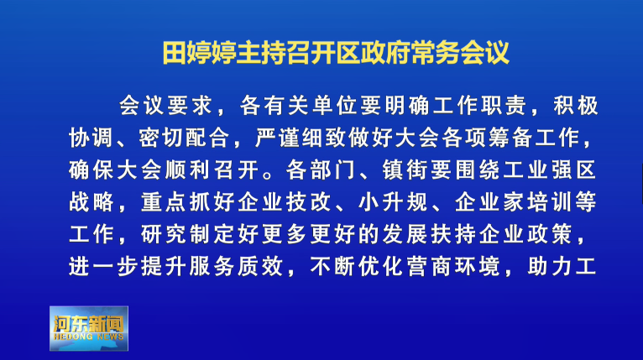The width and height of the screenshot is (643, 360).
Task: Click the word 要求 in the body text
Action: [190, 106]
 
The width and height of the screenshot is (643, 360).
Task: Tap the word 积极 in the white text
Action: [576, 106]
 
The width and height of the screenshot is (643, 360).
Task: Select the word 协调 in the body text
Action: [91, 138]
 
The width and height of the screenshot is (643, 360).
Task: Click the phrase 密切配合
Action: [184, 138]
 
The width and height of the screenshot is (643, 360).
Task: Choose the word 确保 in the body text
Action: [91, 170]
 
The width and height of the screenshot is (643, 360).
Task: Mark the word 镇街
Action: [405, 170]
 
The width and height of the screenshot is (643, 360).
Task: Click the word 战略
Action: [91, 201]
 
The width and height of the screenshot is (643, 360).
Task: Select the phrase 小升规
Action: [393, 201]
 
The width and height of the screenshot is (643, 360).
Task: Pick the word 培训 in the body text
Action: [550, 201]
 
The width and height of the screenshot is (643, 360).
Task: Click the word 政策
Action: [550, 234]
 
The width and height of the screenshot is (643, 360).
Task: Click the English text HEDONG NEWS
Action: [89, 337]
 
